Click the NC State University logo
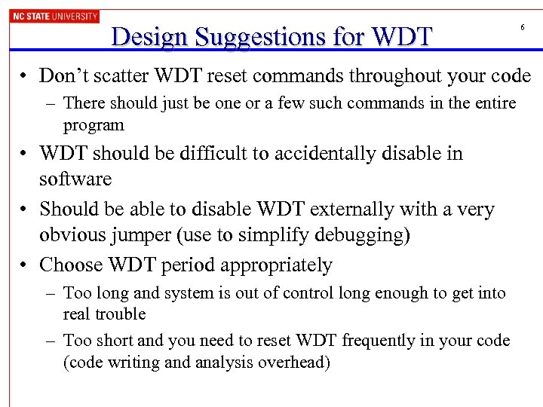tap(54, 16)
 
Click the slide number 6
tap(522, 28)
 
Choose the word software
tap(75, 179)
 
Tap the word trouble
tap(119, 314)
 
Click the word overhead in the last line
tap(293, 363)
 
